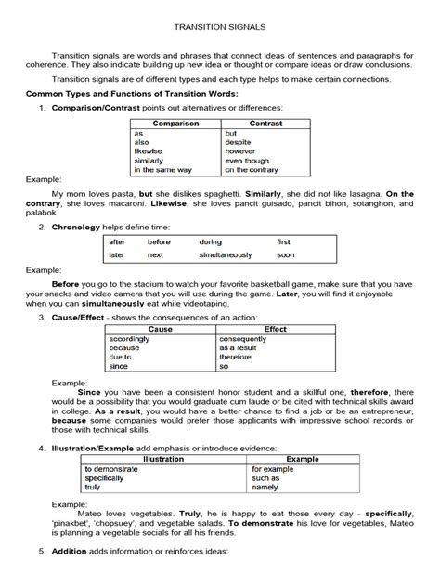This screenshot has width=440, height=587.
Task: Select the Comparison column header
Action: pyautogui.click(x=175, y=123)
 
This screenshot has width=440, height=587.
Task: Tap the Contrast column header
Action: pyautogui.click(x=266, y=123)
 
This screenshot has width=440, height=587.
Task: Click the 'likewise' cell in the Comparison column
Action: pyautogui.click(x=149, y=151)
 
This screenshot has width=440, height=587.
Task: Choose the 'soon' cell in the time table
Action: pyautogui.click(x=286, y=254)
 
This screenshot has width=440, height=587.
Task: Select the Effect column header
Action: pyautogui.click(x=276, y=329)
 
